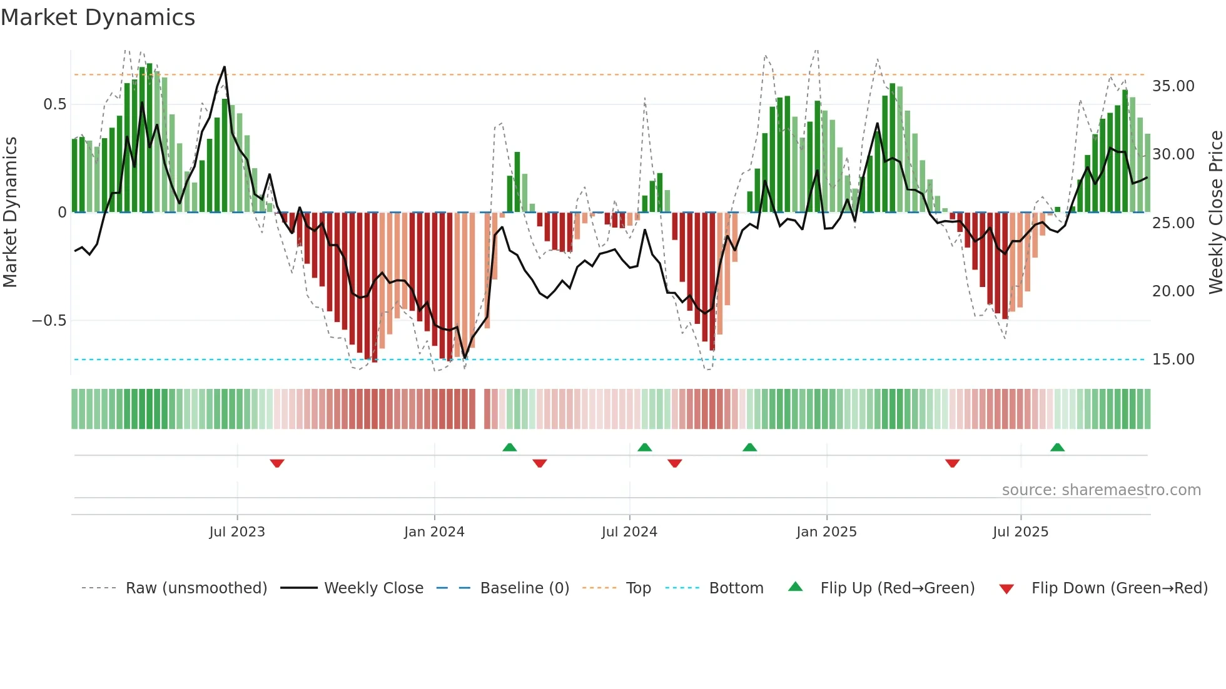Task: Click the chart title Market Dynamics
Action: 98,18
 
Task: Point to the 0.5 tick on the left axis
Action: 54,104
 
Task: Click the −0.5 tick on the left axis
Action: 49,321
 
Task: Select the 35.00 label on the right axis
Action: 1173,86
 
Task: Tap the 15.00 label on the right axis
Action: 1173,360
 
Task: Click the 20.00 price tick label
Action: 1173,291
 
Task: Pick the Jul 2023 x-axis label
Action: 237,532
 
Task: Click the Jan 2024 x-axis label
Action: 434,532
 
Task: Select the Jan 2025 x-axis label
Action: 826,532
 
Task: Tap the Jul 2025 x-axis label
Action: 1020,532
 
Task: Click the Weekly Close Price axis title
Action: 1215,213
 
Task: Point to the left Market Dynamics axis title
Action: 10,213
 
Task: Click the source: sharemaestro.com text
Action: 1101,490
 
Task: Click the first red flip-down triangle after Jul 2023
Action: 277,463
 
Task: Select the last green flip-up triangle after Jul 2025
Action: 1057,447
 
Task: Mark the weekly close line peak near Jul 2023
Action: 225,67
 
